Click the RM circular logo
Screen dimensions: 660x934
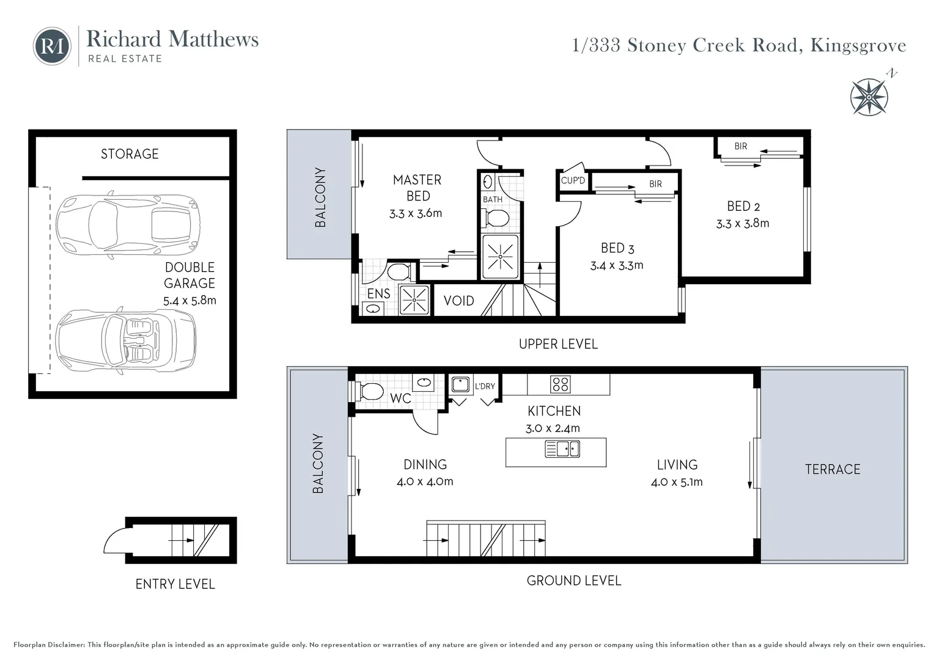tap(52, 46)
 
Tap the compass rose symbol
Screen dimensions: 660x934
tap(869, 97)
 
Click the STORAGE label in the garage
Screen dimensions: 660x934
tap(130, 154)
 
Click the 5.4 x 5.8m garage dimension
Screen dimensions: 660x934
tap(189, 301)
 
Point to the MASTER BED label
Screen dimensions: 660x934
tap(417, 188)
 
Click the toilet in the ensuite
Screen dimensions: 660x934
tap(399, 271)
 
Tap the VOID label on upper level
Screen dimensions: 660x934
tap(458, 301)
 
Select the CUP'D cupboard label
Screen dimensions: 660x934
tap(573, 180)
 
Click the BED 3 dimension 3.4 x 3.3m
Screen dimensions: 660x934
tap(616, 265)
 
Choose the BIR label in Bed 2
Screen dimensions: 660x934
tap(740, 146)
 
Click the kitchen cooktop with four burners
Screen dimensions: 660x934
tap(560, 384)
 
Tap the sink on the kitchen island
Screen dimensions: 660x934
tap(562, 449)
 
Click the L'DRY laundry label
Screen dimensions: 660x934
tap(485, 386)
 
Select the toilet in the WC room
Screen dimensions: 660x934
tap(371, 391)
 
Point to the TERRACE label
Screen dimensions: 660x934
tap(832, 469)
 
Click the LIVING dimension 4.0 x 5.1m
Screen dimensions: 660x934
tap(677, 482)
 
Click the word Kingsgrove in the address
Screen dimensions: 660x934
tap(858, 45)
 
